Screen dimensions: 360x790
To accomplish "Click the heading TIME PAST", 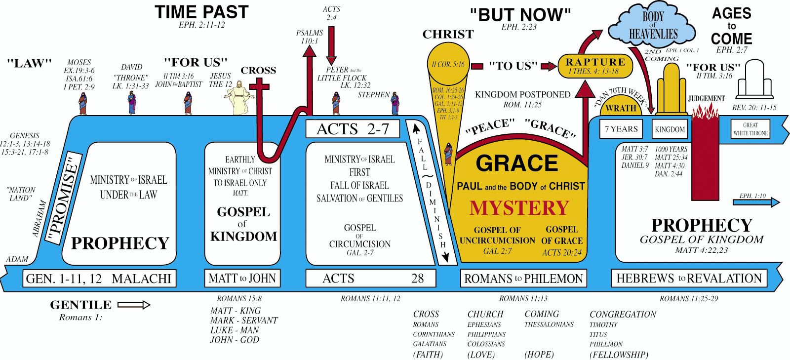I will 201,12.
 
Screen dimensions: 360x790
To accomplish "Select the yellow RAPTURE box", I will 595,66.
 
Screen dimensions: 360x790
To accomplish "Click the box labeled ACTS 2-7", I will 353,129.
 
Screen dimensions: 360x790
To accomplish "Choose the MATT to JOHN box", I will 242,279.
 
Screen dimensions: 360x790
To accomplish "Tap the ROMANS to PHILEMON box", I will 523,279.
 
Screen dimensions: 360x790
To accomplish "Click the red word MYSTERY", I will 519,208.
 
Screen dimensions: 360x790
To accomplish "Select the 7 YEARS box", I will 621,129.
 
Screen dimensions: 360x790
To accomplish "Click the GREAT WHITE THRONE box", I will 750,129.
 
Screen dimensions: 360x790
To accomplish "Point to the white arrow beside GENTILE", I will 134,305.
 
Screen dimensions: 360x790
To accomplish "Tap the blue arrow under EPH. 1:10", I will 760,202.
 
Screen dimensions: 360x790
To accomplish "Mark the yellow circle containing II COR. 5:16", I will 448,64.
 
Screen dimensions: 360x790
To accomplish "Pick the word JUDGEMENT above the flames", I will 706,99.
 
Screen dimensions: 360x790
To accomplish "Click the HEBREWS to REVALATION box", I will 689,279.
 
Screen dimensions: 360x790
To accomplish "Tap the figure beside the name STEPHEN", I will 395,103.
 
